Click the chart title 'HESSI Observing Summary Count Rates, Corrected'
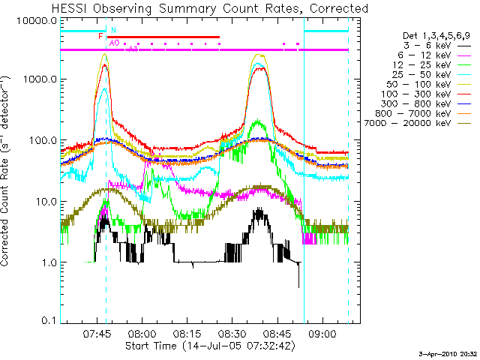[210, 8]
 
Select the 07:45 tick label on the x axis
[97, 334]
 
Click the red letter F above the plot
[100, 36]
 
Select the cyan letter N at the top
[113, 30]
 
